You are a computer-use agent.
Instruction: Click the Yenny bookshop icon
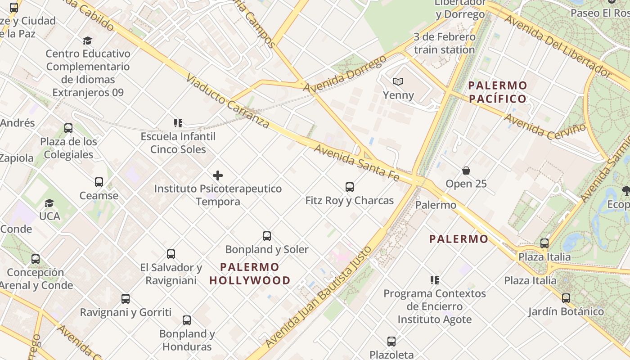point(398,81)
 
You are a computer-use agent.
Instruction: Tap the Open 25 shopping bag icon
point(466,171)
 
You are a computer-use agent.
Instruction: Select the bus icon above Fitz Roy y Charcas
point(349,187)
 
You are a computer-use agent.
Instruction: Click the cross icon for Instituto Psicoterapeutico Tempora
point(218,175)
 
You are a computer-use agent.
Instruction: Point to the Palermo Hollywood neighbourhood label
point(250,274)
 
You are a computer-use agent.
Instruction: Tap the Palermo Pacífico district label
point(497,92)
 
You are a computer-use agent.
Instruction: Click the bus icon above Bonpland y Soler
point(267,236)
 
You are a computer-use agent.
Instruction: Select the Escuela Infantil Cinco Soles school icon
point(178,123)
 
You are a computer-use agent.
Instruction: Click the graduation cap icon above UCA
point(49,203)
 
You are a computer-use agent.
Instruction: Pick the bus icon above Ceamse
point(99,182)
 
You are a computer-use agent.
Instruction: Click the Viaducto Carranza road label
point(227,102)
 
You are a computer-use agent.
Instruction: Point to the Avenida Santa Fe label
point(356,163)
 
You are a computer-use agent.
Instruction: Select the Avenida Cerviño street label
point(545,126)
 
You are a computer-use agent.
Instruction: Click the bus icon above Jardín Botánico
point(566,298)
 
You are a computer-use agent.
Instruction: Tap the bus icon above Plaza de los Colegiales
point(68,128)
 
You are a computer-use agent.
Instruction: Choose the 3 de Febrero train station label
point(444,43)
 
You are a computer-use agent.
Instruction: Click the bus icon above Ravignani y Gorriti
point(126,298)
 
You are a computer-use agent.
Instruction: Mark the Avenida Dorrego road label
point(345,73)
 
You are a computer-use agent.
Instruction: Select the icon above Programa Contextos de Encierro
point(434,280)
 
